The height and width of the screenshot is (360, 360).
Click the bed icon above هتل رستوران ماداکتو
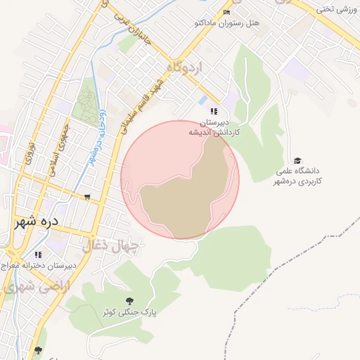(x=226, y=13)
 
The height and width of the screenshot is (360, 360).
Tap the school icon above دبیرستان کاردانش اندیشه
(x=214, y=111)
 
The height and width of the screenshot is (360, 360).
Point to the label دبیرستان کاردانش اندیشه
(x=214, y=127)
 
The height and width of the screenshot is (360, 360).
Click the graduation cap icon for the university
(x=297, y=161)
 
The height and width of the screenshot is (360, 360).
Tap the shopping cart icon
(x=87, y=198)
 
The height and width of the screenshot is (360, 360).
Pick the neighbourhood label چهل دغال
(x=112, y=246)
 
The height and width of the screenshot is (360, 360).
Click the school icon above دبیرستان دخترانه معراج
(x=38, y=255)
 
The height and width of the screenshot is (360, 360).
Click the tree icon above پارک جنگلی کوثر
(x=128, y=301)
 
